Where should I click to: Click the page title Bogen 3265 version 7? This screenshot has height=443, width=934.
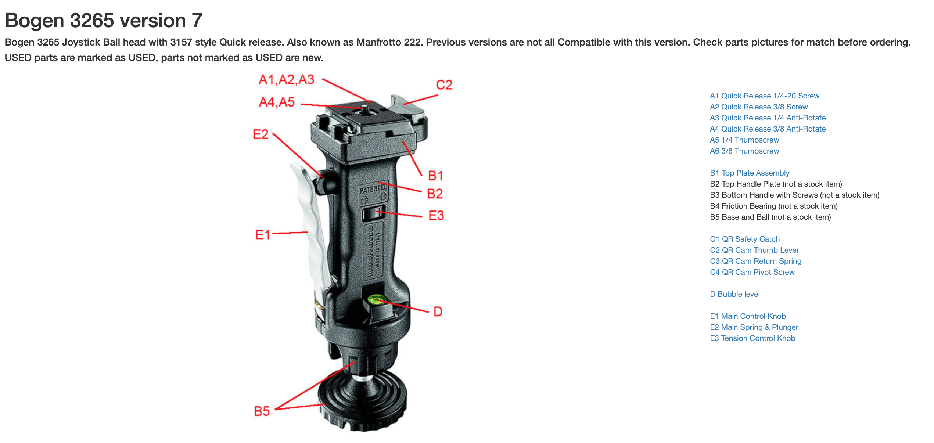103,20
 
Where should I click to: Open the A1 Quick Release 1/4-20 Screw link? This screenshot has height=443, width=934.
765,96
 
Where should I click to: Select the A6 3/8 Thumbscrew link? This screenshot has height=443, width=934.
744,151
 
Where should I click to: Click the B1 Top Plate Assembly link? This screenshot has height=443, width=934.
750,173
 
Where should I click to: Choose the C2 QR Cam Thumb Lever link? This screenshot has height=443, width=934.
754,250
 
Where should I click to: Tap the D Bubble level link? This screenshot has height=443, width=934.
735,294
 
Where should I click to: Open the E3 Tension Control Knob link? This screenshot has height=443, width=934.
752,338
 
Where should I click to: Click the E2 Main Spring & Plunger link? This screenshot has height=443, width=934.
754,327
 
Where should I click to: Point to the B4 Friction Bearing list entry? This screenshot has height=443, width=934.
774,206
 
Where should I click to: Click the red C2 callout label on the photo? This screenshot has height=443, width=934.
444,85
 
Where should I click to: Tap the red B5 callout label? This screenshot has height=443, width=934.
262,411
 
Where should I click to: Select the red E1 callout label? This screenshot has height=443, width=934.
263,234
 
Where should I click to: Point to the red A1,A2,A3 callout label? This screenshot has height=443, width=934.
287,80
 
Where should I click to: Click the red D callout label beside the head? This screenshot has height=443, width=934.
438,311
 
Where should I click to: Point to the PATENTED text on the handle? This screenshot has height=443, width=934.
373,189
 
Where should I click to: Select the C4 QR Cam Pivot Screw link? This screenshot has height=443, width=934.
752,272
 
